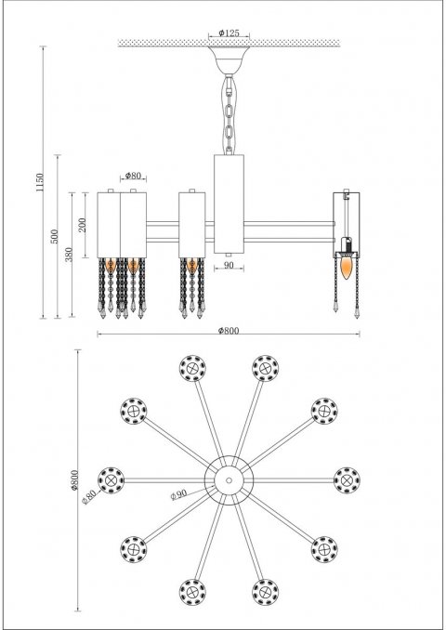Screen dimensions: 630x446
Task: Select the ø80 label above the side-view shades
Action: click(132, 176)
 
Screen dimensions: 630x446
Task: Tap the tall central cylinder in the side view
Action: click(228, 204)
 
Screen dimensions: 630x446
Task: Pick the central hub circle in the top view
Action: click(228, 479)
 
